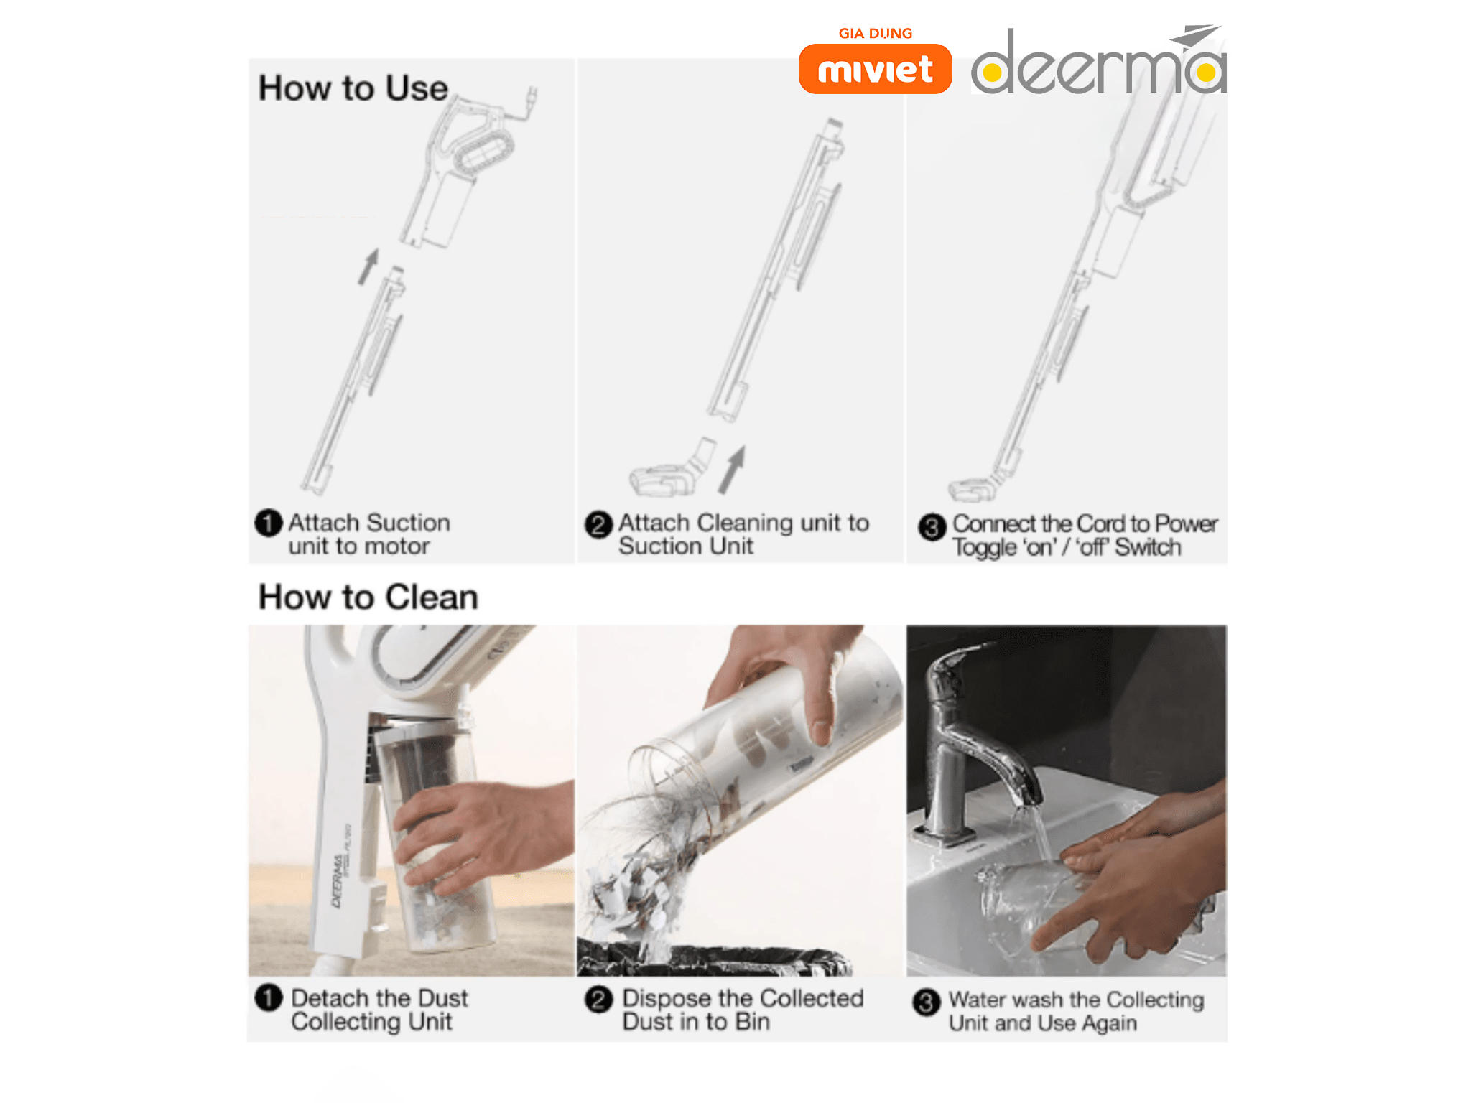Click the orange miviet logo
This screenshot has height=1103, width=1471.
(x=875, y=69)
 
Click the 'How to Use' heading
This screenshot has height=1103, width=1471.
(x=353, y=88)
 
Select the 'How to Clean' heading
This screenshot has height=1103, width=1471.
(x=368, y=597)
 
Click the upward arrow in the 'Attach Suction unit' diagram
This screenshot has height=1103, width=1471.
(x=369, y=266)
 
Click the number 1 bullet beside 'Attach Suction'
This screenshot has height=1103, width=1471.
(x=269, y=523)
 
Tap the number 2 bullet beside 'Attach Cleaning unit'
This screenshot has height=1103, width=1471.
(x=598, y=525)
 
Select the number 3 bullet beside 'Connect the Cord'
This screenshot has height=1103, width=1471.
(x=932, y=527)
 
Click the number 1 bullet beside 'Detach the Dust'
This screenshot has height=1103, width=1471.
(x=269, y=997)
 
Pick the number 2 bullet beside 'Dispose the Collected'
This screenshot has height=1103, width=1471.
(x=598, y=999)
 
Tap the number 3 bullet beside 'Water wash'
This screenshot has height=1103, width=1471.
(x=927, y=1002)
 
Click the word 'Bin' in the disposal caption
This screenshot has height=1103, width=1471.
(x=752, y=1021)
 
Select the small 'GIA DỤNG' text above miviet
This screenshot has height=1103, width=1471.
(x=876, y=34)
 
